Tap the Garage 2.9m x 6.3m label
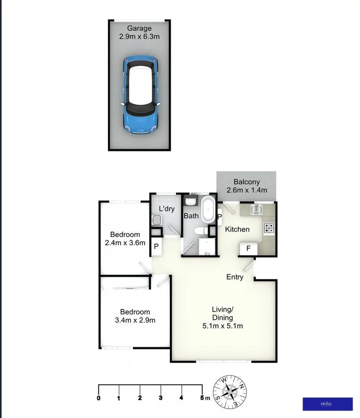[139, 33]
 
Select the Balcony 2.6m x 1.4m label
[247, 186]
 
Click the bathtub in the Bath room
[208, 210]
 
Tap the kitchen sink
[256, 210]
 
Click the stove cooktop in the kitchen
[269, 228]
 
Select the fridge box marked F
[248, 249]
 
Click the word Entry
[235, 277]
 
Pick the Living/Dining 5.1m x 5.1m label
[223, 318]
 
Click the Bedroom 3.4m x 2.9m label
[135, 316]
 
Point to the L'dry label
[167, 209]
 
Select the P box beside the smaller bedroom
[157, 247]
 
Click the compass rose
[230, 391]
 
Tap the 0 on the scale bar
[99, 398]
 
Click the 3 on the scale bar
[161, 398]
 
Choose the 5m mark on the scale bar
[204, 398]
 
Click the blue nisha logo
[327, 404]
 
